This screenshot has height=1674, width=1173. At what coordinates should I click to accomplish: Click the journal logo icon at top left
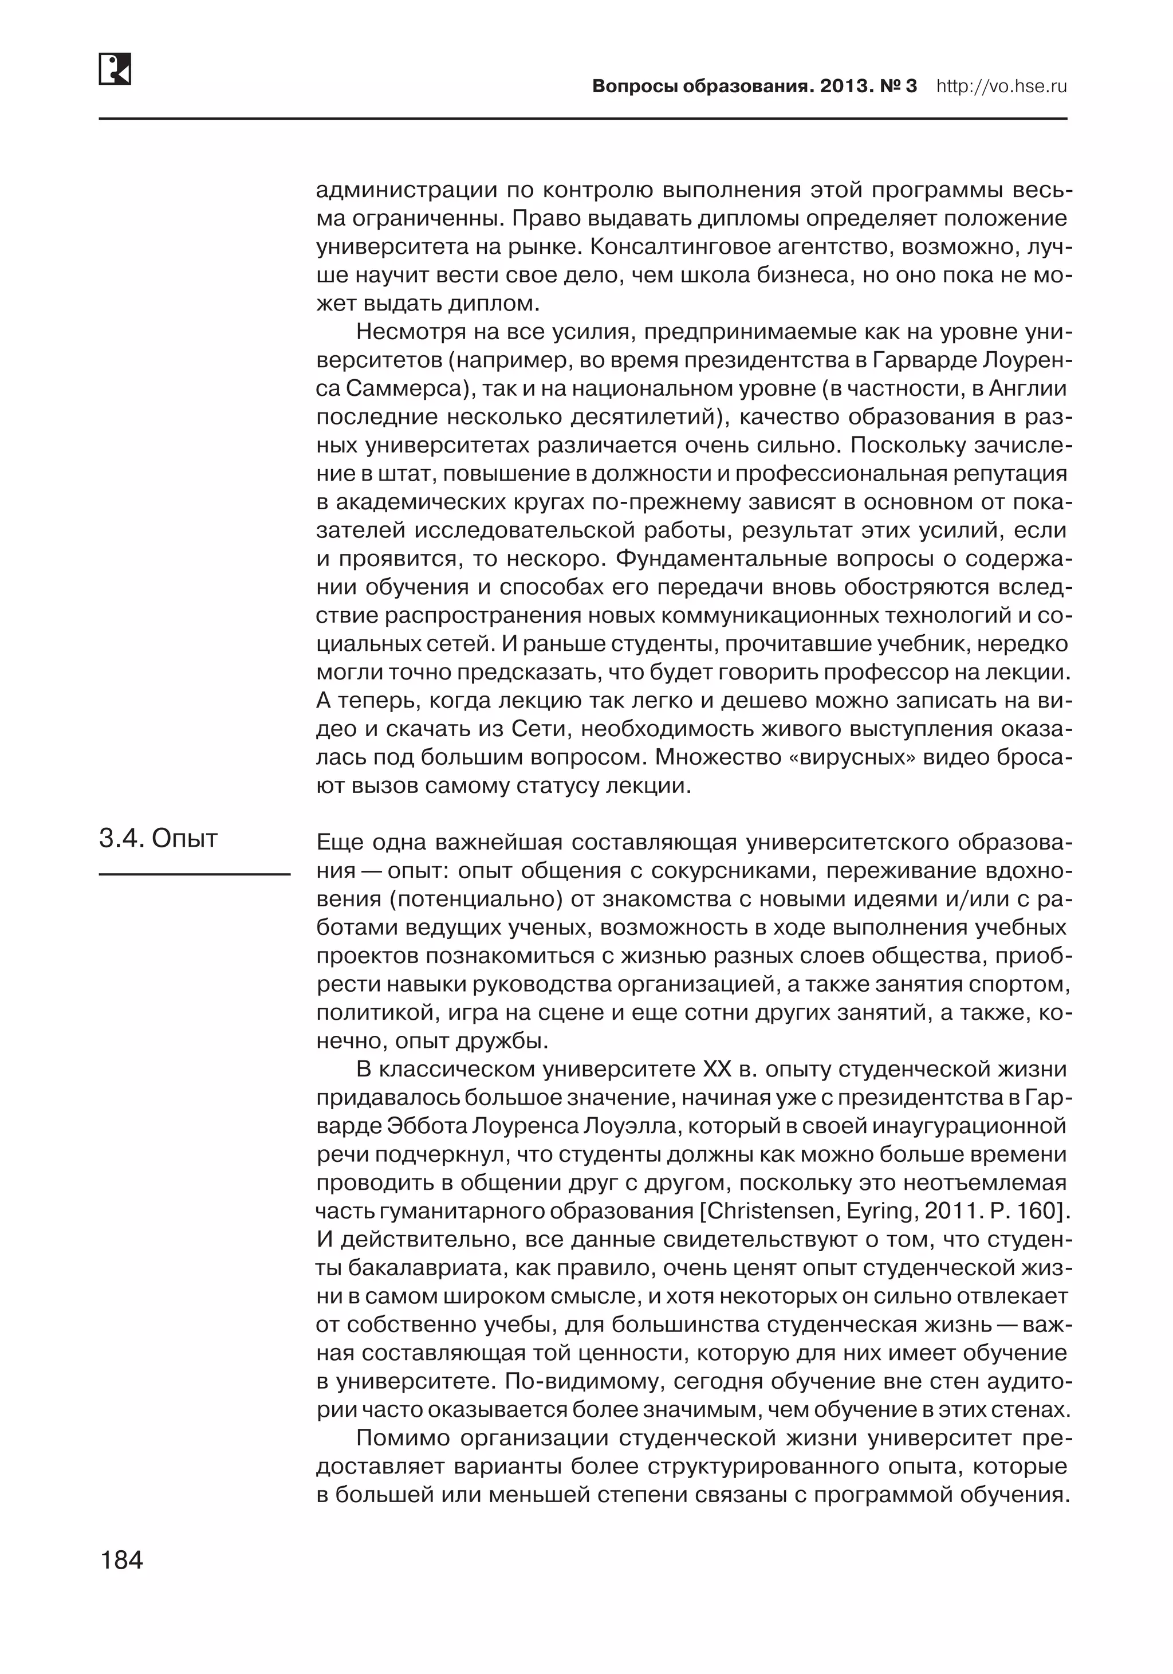(115, 69)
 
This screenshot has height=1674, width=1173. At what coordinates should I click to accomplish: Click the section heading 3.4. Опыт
(158, 839)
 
